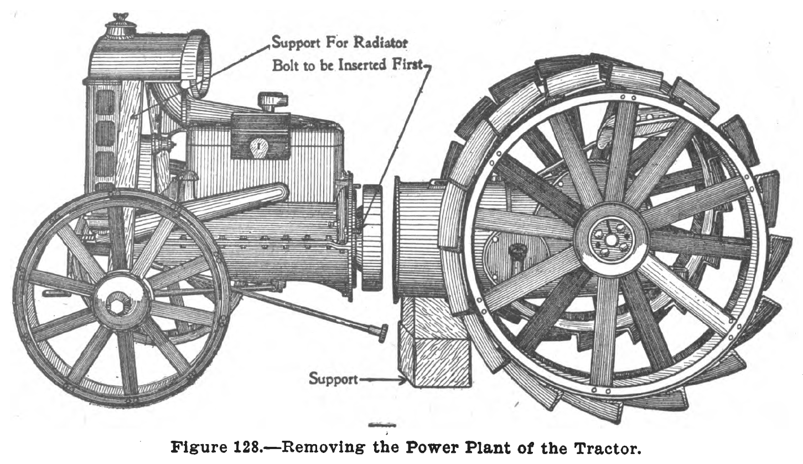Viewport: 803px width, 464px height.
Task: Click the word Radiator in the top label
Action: [381, 43]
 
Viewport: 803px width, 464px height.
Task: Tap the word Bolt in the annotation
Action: [284, 66]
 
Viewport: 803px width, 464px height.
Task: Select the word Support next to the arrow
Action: [333, 379]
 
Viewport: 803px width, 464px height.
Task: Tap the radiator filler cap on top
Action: [121, 22]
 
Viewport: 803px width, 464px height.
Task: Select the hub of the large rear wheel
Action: [610, 240]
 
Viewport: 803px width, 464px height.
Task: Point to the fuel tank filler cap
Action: [273, 101]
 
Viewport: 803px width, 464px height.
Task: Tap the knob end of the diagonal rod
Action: [383, 333]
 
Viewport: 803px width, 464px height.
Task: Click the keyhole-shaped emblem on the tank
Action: [259, 146]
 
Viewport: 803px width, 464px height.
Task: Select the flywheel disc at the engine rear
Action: [372, 238]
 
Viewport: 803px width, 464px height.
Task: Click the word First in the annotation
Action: [408, 65]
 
